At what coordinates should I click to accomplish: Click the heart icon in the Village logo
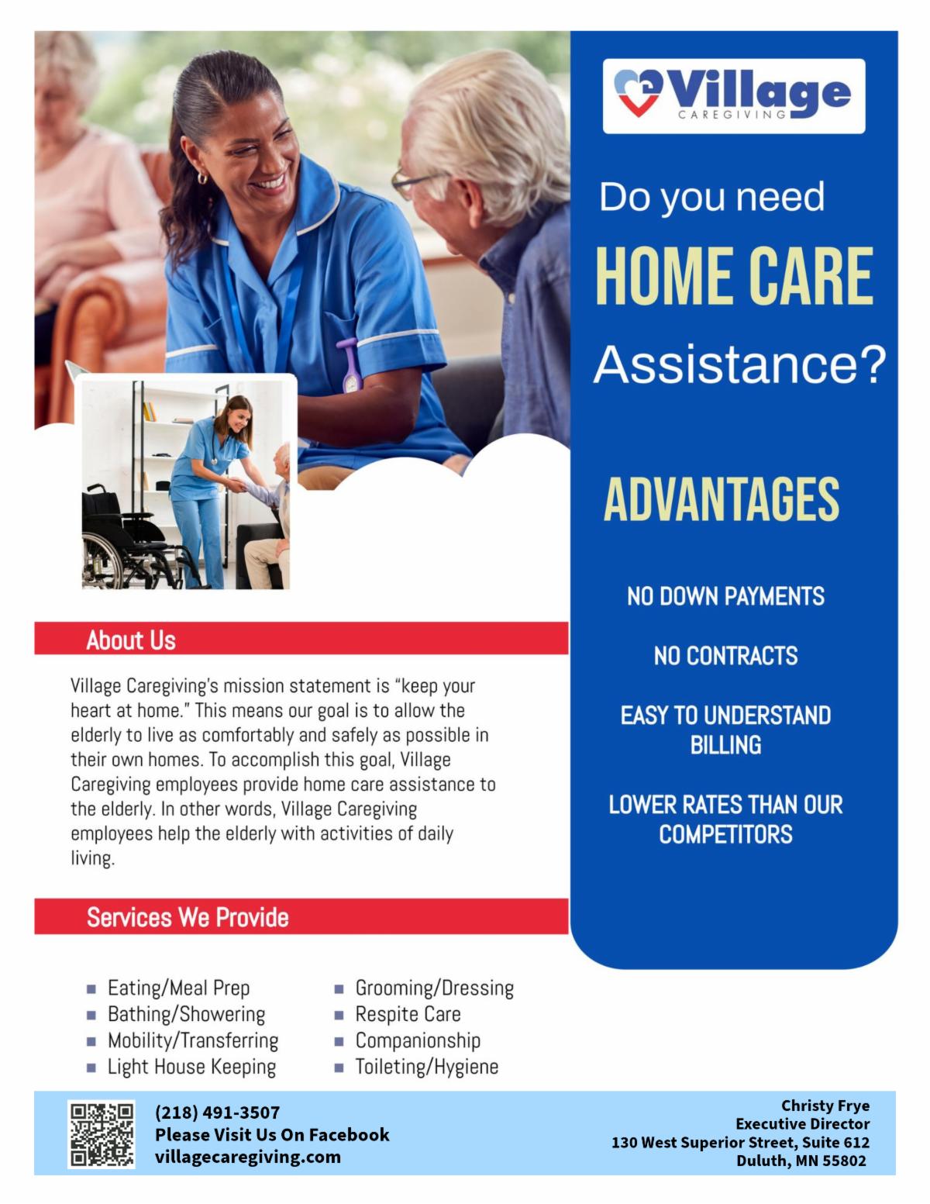coord(638,92)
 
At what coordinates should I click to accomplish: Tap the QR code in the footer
coord(102,1134)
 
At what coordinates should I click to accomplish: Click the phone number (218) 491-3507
coord(217,1112)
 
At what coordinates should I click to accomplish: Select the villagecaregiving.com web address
coord(247,1157)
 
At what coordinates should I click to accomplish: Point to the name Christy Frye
coord(825,1106)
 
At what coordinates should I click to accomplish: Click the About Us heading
coord(131,640)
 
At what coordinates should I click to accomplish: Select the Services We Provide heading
coord(188,917)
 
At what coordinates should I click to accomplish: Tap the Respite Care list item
coord(408,1014)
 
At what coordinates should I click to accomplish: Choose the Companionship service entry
coord(418,1040)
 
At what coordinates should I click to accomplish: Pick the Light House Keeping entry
coord(191,1067)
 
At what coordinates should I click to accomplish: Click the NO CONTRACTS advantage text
coord(725,656)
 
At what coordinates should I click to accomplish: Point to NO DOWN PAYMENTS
coord(725,597)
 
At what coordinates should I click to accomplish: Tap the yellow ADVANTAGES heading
coord(722,499)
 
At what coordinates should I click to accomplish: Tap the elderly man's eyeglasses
coord(416,180)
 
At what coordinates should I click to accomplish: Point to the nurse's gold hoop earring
coord(202,178)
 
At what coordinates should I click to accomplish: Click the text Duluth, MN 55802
coord(801,1161)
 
